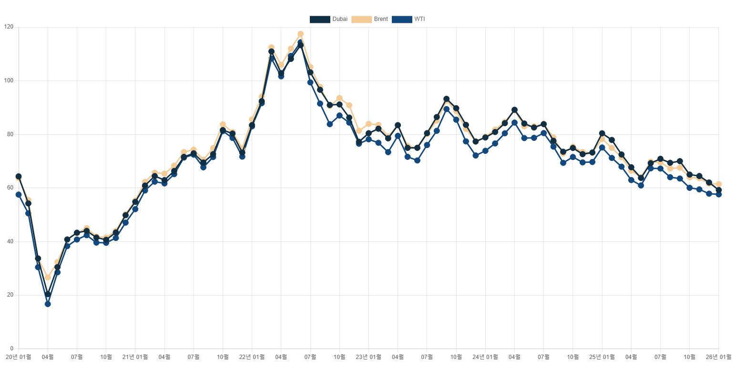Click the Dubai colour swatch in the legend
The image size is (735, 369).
tap(320, 19)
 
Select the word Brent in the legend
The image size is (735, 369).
tap(381, 19)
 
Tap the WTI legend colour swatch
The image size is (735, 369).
tap(401, 19)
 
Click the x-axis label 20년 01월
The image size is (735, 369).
tap(18, 356)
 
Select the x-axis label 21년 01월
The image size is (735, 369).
tap(135, 356)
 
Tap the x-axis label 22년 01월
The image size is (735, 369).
tap(252, 356)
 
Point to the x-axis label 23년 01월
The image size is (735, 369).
tap(368, 356)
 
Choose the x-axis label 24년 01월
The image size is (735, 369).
tap(485, 356)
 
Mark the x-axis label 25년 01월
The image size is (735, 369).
tap(602, 356)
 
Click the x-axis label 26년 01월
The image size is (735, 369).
tap(718, 356)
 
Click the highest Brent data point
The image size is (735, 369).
tap(300, 34)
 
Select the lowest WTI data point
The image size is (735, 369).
tap(48, 304)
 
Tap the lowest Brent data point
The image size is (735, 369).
tap(48, 277)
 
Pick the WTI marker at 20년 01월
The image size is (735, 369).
tap(19, 194)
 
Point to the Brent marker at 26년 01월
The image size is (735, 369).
tap(719, 184)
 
